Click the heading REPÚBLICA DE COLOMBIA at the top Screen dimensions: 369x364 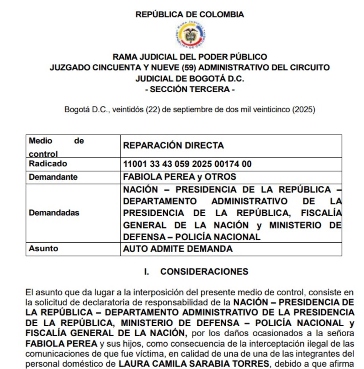coord(190,14)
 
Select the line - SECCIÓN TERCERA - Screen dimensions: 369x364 coord(190,89)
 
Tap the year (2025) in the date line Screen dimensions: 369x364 coord(304,109)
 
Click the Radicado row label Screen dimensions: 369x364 coord(48,164)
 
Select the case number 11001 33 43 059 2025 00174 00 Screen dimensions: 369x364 coord(187,164)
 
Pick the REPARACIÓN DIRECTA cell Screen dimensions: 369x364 coord(173,146)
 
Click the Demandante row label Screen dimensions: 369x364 coord(53,177)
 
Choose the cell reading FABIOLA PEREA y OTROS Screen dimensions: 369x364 coord(179,177)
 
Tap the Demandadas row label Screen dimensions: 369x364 coord(54,213)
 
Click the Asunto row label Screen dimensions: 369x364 coord(44,248)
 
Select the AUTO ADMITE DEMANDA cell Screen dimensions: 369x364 coord(178,249)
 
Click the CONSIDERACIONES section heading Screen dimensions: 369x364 coord(204,271)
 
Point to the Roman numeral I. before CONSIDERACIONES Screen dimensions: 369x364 coord(146,271)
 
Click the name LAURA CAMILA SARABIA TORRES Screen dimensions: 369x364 coord(194,364)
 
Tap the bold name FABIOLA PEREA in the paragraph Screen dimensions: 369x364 coord(61,343)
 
